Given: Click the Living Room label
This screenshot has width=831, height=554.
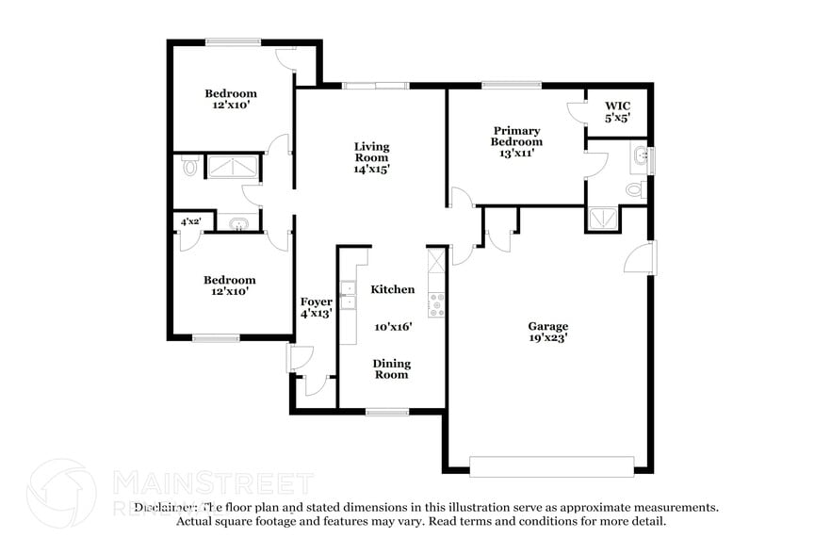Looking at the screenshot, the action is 371,152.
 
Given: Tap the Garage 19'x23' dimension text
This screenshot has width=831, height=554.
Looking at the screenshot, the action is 548,337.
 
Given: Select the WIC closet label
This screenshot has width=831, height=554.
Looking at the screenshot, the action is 617,106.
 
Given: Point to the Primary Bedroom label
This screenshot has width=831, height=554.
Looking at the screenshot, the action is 516,137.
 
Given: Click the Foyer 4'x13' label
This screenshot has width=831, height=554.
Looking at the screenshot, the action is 317,307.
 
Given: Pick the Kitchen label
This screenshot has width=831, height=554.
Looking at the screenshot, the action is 393,289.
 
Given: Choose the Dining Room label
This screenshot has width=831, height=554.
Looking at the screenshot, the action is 392,369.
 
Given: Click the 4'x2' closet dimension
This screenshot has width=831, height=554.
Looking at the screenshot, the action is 190,221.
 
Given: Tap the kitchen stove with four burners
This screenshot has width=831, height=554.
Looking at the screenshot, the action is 437,305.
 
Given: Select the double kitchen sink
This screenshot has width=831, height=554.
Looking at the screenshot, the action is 348,295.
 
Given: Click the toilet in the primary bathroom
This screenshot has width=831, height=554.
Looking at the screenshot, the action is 635,188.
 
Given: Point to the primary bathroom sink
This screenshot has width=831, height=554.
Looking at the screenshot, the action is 642,156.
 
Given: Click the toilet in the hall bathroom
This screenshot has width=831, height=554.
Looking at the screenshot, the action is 189,167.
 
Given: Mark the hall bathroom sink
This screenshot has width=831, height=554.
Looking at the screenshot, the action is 238,223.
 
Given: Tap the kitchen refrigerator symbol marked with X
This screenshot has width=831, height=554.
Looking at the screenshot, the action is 437,261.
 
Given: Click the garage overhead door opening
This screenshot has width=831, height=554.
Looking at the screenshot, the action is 552,467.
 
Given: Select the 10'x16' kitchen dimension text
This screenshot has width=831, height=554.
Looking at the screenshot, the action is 393,327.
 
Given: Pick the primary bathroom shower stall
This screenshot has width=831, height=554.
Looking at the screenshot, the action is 603,219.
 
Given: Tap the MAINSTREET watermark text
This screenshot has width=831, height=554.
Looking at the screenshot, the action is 214,483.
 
